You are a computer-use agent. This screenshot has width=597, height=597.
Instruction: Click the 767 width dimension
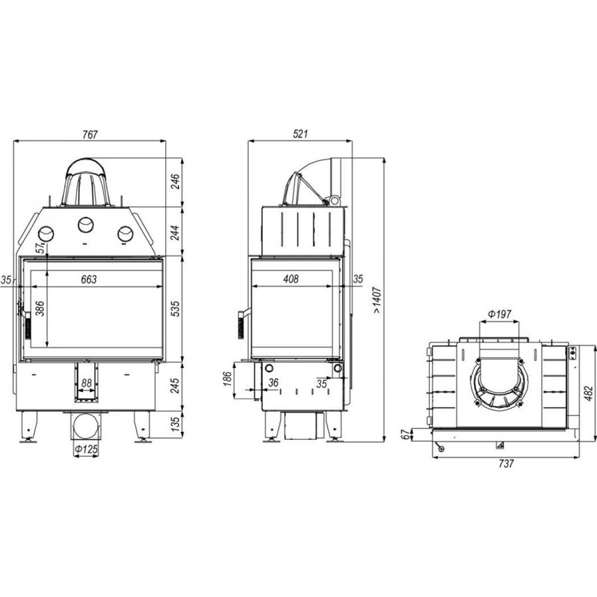click(90, 135)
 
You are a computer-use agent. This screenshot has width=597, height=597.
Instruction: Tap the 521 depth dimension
click(300, 134)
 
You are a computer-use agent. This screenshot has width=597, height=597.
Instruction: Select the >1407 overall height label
click(377, 300)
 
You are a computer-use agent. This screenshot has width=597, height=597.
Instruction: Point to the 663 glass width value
click(89, 279)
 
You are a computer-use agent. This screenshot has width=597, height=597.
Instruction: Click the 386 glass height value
click(40, 308)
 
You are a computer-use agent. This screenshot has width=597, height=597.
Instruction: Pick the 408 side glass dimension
click(291, 279)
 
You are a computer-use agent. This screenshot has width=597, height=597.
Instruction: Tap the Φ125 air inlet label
click(86, 450)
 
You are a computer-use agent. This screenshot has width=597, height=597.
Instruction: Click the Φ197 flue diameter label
click(499, 314)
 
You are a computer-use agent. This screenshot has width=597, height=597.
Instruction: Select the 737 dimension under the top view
click(505, 464)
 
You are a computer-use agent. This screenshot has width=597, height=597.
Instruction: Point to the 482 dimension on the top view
click(588, 393)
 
